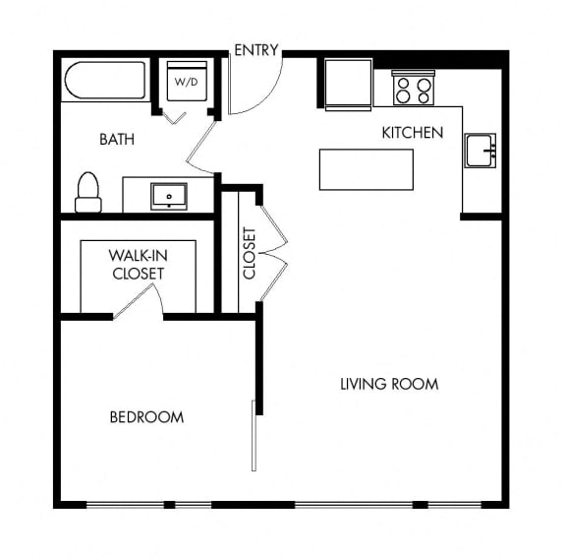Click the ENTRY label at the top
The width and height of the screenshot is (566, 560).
click(256, 50)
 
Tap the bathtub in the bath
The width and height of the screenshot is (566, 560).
click(105, 81)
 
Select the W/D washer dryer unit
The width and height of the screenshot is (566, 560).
click(187, 82)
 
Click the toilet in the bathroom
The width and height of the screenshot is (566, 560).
click(88, 192)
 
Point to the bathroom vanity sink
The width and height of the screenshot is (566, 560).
click(169, 196)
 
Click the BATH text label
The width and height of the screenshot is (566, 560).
click(117, 139)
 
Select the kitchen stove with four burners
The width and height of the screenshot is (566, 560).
click(414, 89)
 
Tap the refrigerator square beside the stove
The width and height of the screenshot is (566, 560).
click(348, 85)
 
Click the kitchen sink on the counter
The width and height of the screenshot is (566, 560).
click(481, 151)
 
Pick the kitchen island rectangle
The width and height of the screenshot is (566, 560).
click(367, 169)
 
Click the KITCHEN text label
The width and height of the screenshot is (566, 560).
click(413, 133)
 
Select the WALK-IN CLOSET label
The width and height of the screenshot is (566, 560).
click(139, 265)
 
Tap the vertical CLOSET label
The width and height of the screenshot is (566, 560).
click(250, 253)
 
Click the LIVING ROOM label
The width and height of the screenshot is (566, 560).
click(389, 384)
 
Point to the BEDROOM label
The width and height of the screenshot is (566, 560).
click(146, 417)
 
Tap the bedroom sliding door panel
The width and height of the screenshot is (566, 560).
click(254, 436)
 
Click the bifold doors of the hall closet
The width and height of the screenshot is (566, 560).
click(273, 252)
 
